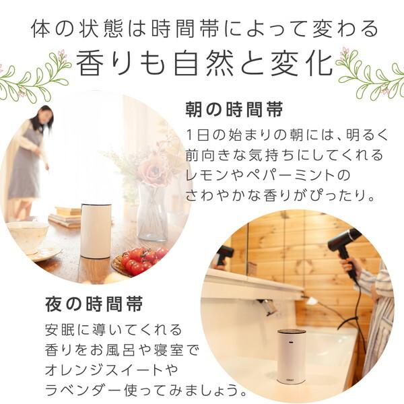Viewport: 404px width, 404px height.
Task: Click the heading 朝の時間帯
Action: coord(234,110)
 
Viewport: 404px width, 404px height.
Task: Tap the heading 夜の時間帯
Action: coord(94,304)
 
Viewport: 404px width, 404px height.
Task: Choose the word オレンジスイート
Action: coord(104,370)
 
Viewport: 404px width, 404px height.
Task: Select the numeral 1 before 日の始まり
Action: coord(189,135)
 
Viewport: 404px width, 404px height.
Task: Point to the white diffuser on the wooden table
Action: coord(96,231)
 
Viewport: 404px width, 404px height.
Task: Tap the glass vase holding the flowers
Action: coord(153,211)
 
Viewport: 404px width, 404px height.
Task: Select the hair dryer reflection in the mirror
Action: coord(224,255)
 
